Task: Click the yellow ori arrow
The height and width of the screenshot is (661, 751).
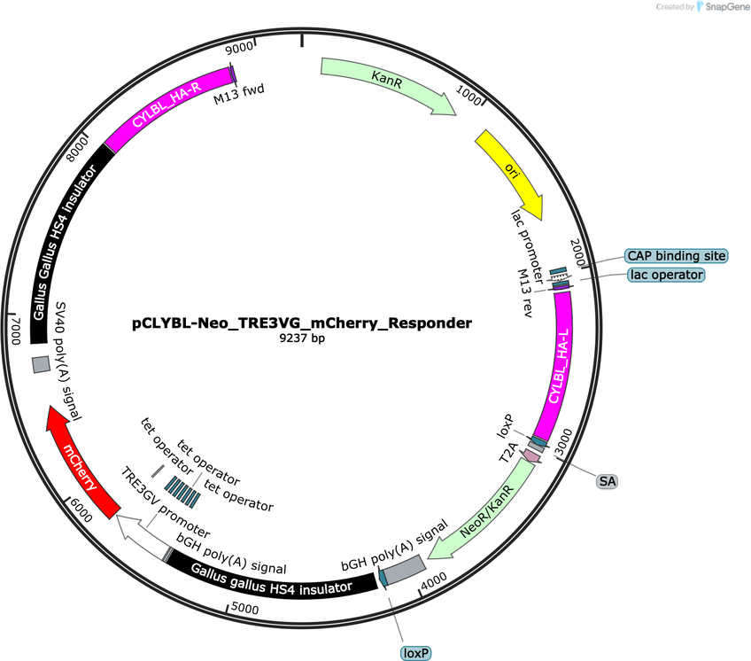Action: point(514,171)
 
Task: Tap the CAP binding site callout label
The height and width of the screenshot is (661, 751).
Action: point(677,256)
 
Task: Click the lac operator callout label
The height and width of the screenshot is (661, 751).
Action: point(667,275)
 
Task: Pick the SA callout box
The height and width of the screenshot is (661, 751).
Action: point(608,481)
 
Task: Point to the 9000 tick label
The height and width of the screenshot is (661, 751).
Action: point(239,47)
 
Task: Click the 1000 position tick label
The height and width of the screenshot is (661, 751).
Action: point(468,96)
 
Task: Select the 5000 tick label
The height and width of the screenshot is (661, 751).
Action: point(244,608)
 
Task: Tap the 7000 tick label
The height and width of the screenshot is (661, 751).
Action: point(16,330)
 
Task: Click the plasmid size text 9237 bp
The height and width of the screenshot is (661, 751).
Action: point(302,338)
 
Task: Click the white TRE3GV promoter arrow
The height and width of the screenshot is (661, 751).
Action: point(142,533)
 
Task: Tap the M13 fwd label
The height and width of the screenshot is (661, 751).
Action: point(238,94)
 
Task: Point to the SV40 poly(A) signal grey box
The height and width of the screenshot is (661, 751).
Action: point(41,365)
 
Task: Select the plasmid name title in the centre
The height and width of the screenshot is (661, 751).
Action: point(302,323)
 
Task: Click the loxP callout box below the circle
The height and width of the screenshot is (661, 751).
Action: point(415,653)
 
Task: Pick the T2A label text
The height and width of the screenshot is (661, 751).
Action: point(508,453)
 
